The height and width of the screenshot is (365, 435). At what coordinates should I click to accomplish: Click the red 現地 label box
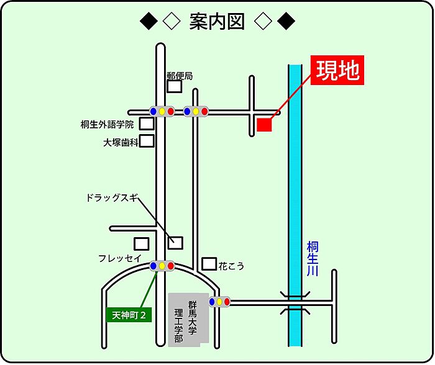coord(336,71)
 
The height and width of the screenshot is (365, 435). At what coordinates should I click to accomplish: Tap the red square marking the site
coord(265,124)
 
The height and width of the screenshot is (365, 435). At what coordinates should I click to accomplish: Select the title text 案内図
coord(217,22)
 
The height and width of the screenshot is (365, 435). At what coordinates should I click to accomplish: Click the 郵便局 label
coord(180,76)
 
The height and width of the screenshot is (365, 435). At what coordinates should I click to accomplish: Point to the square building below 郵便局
coord(175,86)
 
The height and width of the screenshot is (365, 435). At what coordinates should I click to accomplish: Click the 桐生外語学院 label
coord(107,124)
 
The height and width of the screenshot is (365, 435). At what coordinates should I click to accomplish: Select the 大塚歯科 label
coord(121,142)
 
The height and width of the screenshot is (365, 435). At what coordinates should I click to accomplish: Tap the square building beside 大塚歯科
coord(147,141)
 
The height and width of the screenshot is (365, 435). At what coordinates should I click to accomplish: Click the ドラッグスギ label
coord(111,199)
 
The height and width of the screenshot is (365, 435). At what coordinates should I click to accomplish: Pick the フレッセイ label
coord(119,258)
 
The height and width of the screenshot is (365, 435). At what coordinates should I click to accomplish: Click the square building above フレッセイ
coord(142,244)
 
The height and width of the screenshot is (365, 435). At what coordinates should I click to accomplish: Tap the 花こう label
coord(231,266)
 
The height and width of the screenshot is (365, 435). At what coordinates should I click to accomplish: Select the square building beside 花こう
coord(209,264)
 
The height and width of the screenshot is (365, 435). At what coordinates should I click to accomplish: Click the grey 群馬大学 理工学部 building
coord(185,320)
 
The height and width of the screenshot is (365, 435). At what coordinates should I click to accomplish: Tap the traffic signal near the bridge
coord(219,302)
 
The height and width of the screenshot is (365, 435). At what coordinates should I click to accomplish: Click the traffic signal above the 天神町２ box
coord(162,266)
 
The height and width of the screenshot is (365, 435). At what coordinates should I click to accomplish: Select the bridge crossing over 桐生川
coord(295,303)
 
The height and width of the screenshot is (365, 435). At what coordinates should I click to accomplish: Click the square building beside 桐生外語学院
coord(147,124)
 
